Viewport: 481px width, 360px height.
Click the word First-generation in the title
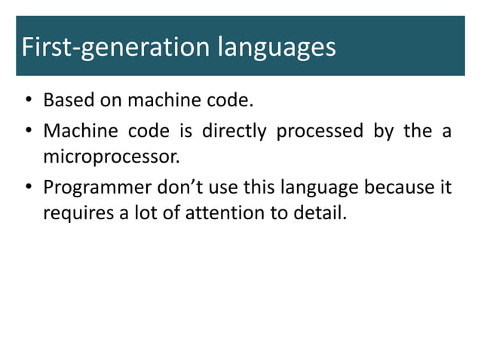pos(116,48)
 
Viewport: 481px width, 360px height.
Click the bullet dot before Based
pos(28,101)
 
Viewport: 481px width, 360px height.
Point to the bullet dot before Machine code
pos(28,132)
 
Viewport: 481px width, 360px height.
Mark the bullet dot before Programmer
pos(28,187)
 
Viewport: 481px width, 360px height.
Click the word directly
pos(233,132)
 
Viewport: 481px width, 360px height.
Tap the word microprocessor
pos(112,159)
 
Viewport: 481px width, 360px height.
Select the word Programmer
pos(93,187)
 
